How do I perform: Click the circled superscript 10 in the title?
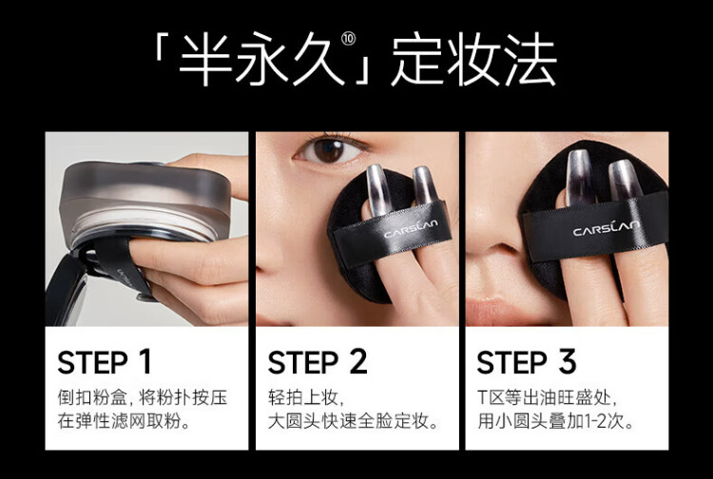348,39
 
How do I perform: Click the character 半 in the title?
205,59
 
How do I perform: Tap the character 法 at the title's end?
530,59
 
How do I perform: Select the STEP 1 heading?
105,362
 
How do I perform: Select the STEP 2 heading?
318,362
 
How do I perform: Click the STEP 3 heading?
527,362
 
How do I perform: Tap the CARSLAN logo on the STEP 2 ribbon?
411,228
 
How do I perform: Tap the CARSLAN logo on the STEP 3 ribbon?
607,227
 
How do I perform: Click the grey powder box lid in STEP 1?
145,191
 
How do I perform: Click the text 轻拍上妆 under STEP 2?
303,397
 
